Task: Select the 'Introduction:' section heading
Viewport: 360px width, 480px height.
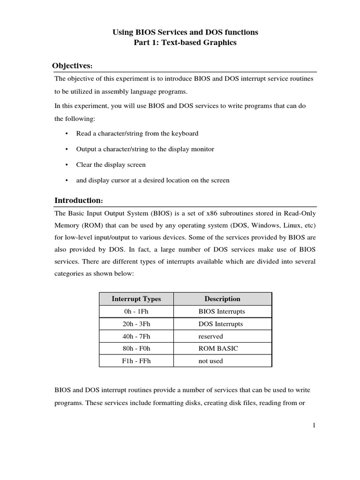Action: point(78,200)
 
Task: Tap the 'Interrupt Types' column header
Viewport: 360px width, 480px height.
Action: point(136,299)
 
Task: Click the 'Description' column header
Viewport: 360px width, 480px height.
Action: point(222,299)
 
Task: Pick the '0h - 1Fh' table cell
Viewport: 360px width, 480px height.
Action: point(136,311)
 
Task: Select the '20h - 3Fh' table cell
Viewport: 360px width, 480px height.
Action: point(136,324)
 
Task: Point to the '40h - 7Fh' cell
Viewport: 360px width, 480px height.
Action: point(136,336)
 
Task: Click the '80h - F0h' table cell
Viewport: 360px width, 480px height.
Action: point(136,348)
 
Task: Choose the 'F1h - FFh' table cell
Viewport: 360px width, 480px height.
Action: point(136,361)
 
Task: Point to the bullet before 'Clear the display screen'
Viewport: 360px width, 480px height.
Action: point(67,165)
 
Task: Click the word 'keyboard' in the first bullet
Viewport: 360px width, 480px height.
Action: point(185,134)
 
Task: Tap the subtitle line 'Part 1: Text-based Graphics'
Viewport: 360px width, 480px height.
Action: point(185,43)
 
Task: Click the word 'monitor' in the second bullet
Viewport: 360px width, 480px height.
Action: point(203,149)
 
